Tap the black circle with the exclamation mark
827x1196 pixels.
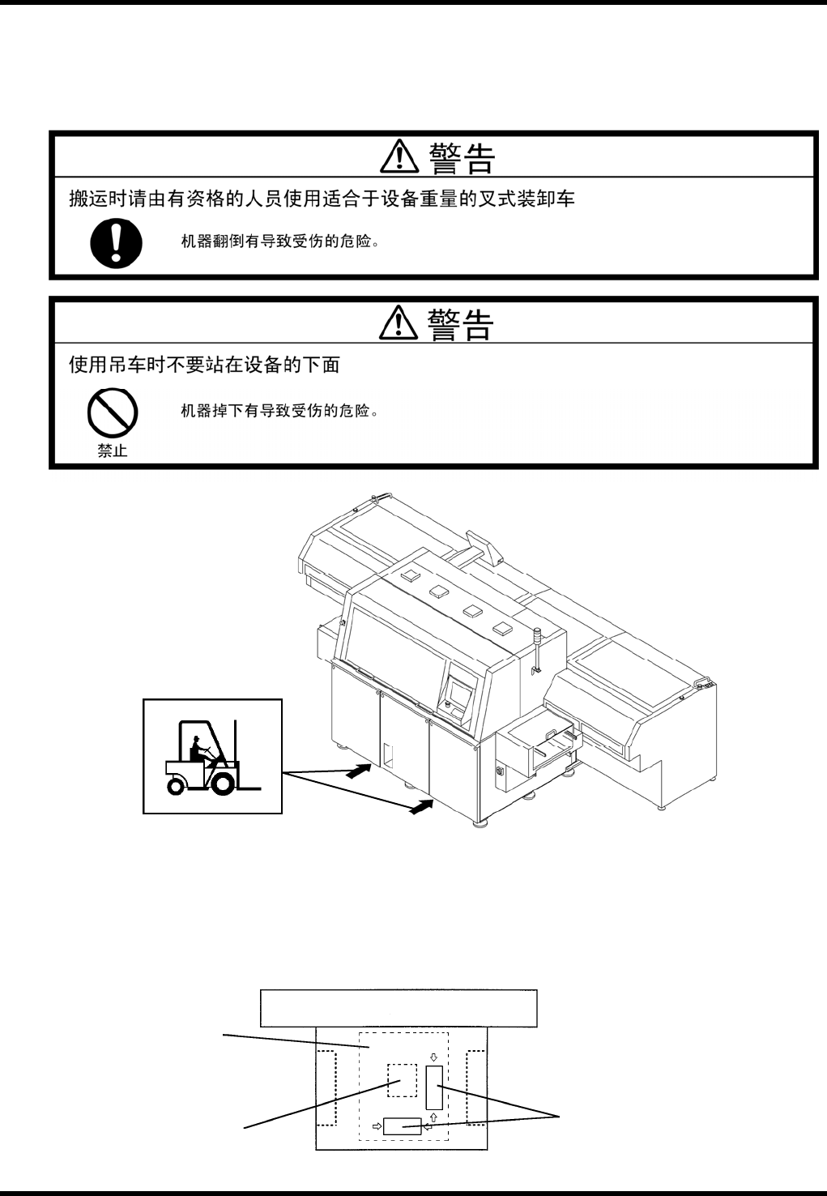point(117,243)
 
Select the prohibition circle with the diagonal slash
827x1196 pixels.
point(112,414)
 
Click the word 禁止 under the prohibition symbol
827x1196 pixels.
point(113,451)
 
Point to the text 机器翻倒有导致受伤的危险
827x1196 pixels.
point(279,241)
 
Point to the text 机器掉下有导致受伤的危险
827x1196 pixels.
point(279,411)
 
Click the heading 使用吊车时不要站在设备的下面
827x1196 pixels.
point(204,365)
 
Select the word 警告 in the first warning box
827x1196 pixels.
point(462,159)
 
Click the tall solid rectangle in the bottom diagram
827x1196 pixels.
point(435,1087)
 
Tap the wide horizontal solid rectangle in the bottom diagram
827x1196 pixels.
point(403,1126)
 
